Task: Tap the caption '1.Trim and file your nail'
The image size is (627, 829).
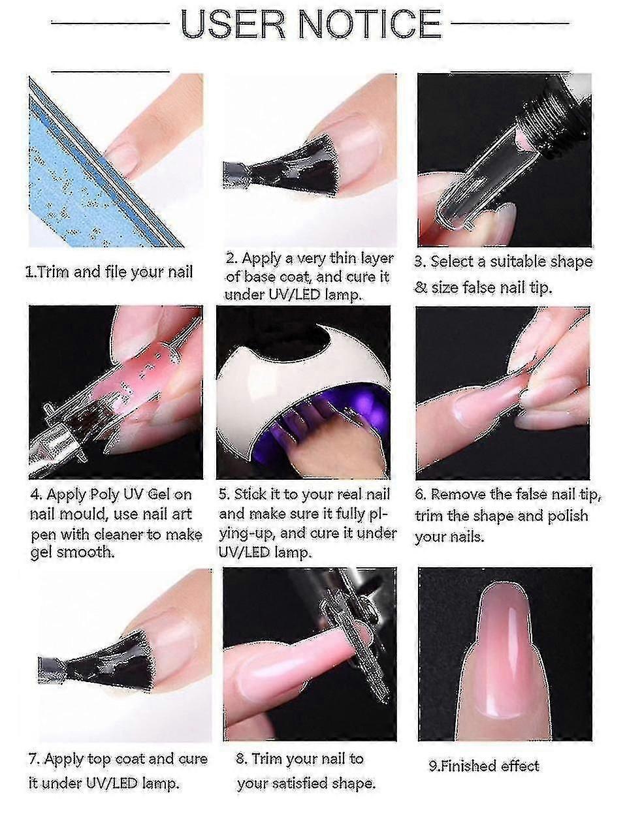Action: (109, 272)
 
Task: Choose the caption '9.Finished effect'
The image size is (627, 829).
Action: (484, 766)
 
